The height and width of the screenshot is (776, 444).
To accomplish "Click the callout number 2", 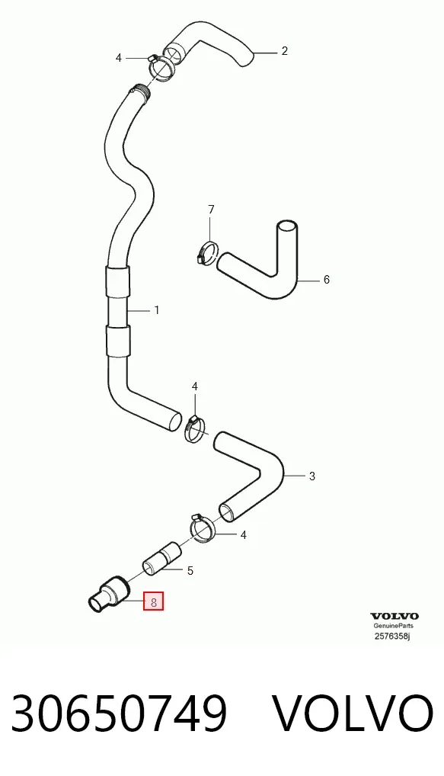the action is click(x=284, y=51).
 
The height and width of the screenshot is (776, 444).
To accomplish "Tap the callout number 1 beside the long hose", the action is click(x=157, y=310).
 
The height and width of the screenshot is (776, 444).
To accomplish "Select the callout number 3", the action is click(x=311, y=476).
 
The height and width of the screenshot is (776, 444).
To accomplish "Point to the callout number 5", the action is click(x=190, y=571).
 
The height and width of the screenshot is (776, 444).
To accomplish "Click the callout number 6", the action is click(x=326, y=280).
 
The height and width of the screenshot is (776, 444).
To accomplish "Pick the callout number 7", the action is click(x=211, y=210).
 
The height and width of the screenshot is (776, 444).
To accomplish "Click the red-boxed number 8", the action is click(x=153, y=602).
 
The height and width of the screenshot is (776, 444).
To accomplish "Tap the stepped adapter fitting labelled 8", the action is click(x=109, y=594).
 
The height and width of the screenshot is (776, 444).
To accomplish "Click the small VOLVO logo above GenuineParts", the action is click(x=394, y=616).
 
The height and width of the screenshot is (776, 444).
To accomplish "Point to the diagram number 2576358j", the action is click(x=392, y=636).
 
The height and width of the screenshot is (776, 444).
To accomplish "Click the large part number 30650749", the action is click(x=119, y=713).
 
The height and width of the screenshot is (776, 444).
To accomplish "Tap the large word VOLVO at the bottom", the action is click(x=353, y=713).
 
